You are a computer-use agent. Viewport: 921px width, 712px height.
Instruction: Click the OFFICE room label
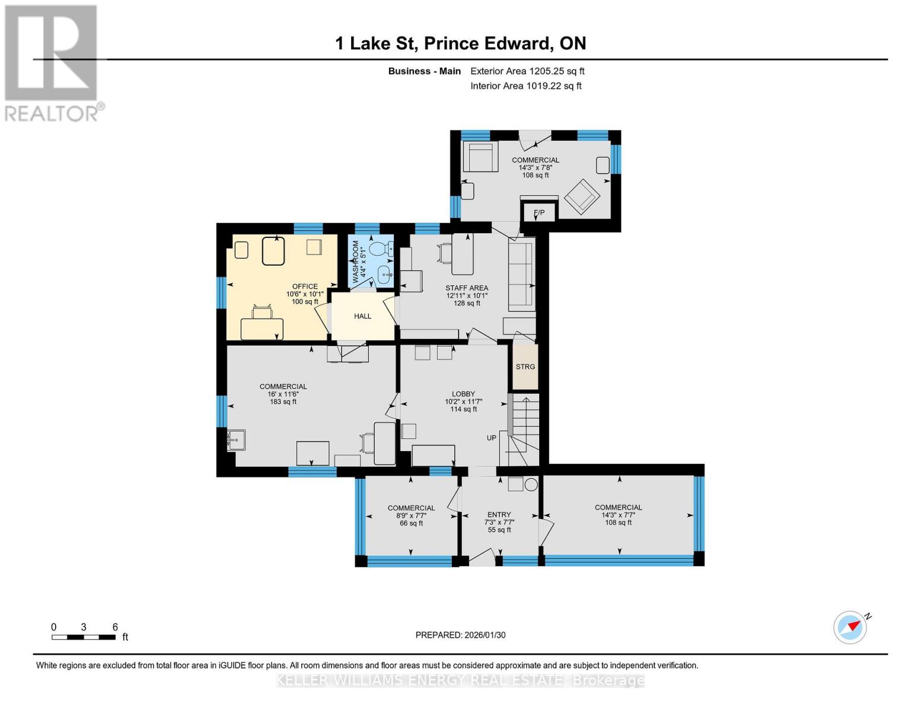305,287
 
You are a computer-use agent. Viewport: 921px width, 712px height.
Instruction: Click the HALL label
362,316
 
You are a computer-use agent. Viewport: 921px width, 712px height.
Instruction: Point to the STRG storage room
525,367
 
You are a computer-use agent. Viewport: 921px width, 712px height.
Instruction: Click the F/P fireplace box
538,212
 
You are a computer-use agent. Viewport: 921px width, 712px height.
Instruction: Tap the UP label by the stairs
491,438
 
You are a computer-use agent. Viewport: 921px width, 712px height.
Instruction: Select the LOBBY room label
463,394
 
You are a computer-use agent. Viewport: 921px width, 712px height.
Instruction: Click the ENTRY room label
499,514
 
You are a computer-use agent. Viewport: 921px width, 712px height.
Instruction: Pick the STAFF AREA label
467,288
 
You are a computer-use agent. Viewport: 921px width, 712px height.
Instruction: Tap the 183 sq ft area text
283,402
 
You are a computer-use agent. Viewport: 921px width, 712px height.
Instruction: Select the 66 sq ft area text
411,523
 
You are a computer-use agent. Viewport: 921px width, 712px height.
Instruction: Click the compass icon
850,627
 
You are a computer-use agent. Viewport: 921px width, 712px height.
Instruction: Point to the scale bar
84,637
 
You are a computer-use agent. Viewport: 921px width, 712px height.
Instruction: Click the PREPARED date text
460,635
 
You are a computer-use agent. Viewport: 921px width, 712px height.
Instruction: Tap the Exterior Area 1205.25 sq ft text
527,71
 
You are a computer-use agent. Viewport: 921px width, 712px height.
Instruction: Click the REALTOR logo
52,62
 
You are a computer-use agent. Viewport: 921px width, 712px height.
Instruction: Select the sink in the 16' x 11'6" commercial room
235,440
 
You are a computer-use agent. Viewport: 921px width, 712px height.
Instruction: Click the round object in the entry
531,484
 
